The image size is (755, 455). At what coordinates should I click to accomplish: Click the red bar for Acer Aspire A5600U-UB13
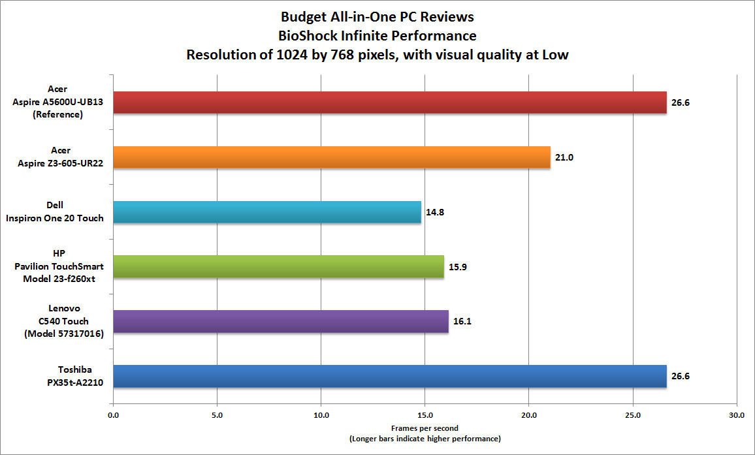point(389,102)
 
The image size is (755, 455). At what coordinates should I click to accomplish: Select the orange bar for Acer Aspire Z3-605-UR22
point(331,157)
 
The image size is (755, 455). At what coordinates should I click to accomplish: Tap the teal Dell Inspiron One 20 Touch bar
point(266,212)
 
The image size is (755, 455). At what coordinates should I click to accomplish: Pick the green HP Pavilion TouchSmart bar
point(278,267)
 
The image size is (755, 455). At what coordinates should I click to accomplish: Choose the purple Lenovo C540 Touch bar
point(280,322)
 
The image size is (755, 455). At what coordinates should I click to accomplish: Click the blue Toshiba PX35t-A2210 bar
point(389,377)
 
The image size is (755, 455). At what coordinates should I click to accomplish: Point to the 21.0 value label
point(564,157)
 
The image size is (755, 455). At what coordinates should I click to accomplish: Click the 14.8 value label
point(434,212)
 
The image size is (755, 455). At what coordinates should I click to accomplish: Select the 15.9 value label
point(457,267)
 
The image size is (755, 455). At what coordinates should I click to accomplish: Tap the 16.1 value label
point(462,322)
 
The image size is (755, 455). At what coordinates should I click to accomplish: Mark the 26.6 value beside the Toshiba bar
point(680,377)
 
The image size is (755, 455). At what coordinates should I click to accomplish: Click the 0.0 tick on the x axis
point(113,415)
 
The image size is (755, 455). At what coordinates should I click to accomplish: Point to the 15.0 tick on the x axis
point(425,415)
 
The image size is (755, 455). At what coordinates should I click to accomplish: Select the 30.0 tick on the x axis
point(736,415)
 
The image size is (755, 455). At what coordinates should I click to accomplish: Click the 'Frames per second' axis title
point(425,428)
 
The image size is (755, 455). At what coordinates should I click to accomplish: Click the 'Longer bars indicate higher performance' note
point(425,438)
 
